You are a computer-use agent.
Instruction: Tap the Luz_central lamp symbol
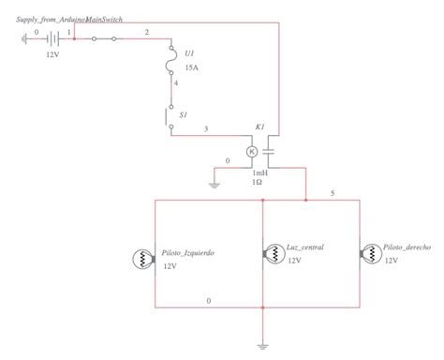pyautogui.click(x=272, y=253)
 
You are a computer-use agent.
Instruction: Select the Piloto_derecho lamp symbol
pyautogui.click(x=370, y=252)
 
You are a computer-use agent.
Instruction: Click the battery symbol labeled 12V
pyautogui.click(x=52, y=39)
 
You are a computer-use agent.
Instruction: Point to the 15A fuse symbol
pyautogui.click(x=171, y=64)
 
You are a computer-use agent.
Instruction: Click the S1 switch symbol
pyautogui.click(x=170, y=118)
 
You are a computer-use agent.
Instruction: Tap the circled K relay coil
pyautogui.click(x=252, y=151)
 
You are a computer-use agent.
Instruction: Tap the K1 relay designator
pyautogui.click(x=260, y=127)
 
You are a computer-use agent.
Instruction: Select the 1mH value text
pyautogui.click(x=260, y=172)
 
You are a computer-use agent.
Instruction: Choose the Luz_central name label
pyautogui.click(x=305, y=247)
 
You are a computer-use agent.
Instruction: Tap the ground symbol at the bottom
pyautogui.click(x=265, y=344)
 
